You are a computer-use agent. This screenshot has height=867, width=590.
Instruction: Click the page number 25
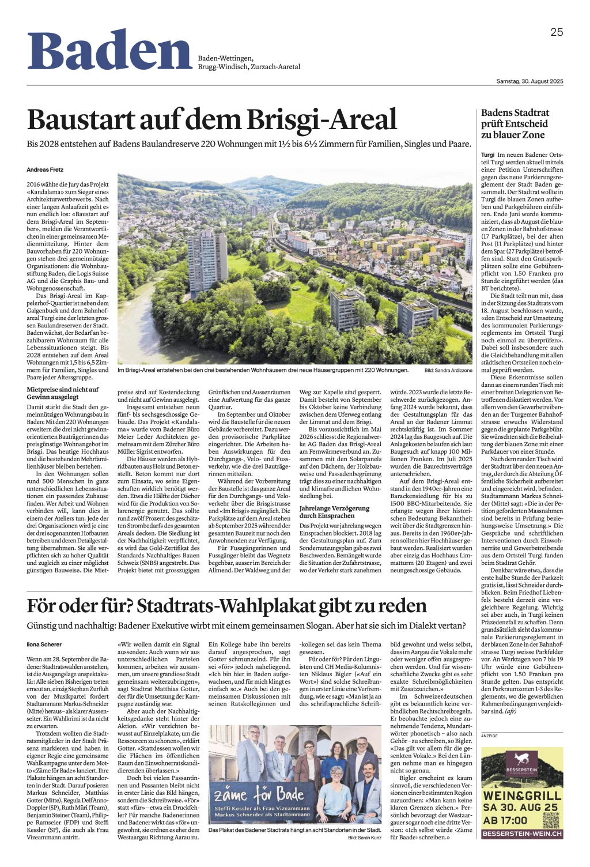pyautogui.click(x=556, y=32)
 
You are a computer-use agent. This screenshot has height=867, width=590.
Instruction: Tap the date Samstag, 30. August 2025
pyautogui.click(x=530, y=81)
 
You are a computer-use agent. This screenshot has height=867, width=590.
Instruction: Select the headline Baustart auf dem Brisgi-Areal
pyautogui.click(x=212, y=119)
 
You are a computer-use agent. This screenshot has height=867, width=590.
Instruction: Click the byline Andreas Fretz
pyautogui.click(x=45, y=169)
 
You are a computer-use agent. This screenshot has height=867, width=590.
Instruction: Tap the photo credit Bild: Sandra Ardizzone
pyautogui.click(x=448, y=370)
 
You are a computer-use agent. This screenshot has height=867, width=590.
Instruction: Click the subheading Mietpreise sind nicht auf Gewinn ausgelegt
pyautogui.click(x=63, y=393)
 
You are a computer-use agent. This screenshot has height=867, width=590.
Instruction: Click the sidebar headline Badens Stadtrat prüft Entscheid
pyautogui.click(x=515, y=123)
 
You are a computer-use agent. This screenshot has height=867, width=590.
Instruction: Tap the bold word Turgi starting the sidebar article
pyautogui.click(x=487, y=155)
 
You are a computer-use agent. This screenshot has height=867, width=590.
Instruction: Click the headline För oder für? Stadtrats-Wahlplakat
pyautogui.click(x=226, y=606)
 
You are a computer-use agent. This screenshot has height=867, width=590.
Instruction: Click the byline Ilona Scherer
pyautogui.click(x=44, y=644)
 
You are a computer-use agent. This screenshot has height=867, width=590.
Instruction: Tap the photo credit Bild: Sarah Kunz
pyautogui.click(x=364, y=838)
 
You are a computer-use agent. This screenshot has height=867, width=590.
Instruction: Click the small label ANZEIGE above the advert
pyautogui.click(x=489, y=736)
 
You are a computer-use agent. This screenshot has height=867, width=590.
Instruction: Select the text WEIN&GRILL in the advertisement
pyautogui.click(x=522, y=796)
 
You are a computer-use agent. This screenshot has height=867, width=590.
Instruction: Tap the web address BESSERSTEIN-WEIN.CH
pyautogui.click(x=522, y=834)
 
